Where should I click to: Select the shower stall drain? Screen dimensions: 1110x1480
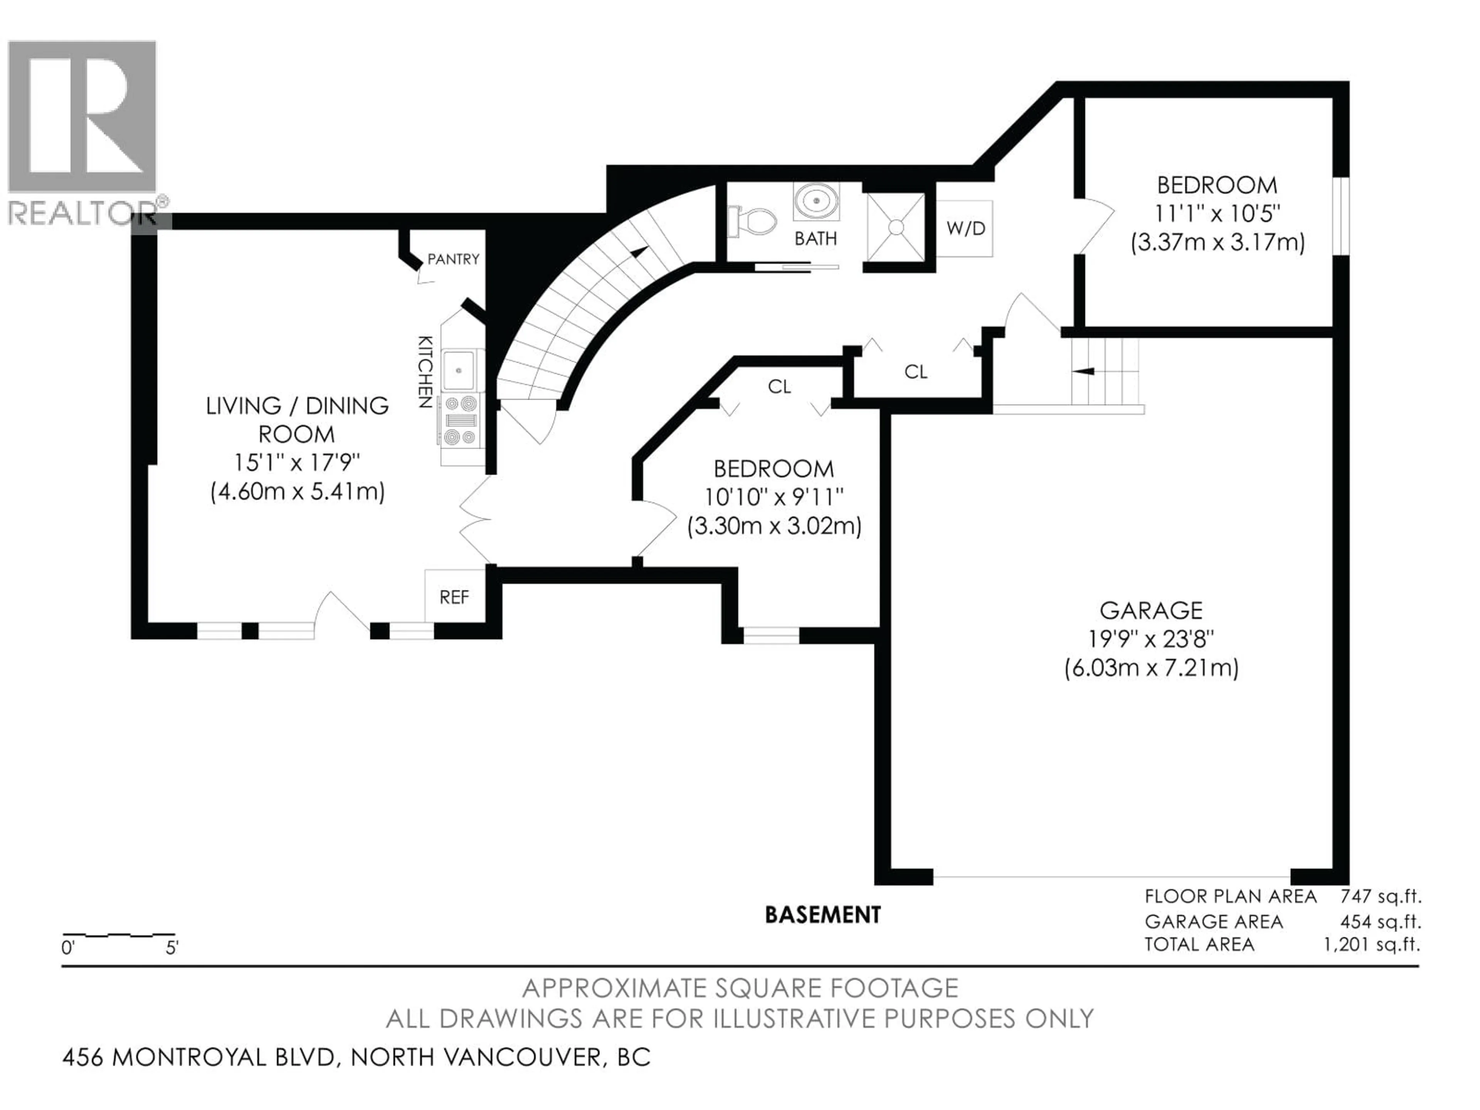pos(896,227)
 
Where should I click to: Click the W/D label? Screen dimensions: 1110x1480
pos(965,228)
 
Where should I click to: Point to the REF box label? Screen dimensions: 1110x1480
pos(454,597)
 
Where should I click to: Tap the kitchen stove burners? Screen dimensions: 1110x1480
pos(460,420)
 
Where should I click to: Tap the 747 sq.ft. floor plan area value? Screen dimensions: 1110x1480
pos(1380,896)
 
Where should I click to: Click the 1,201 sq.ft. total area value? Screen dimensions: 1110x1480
pos(1372,944)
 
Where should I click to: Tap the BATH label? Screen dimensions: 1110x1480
pos(816,238)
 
